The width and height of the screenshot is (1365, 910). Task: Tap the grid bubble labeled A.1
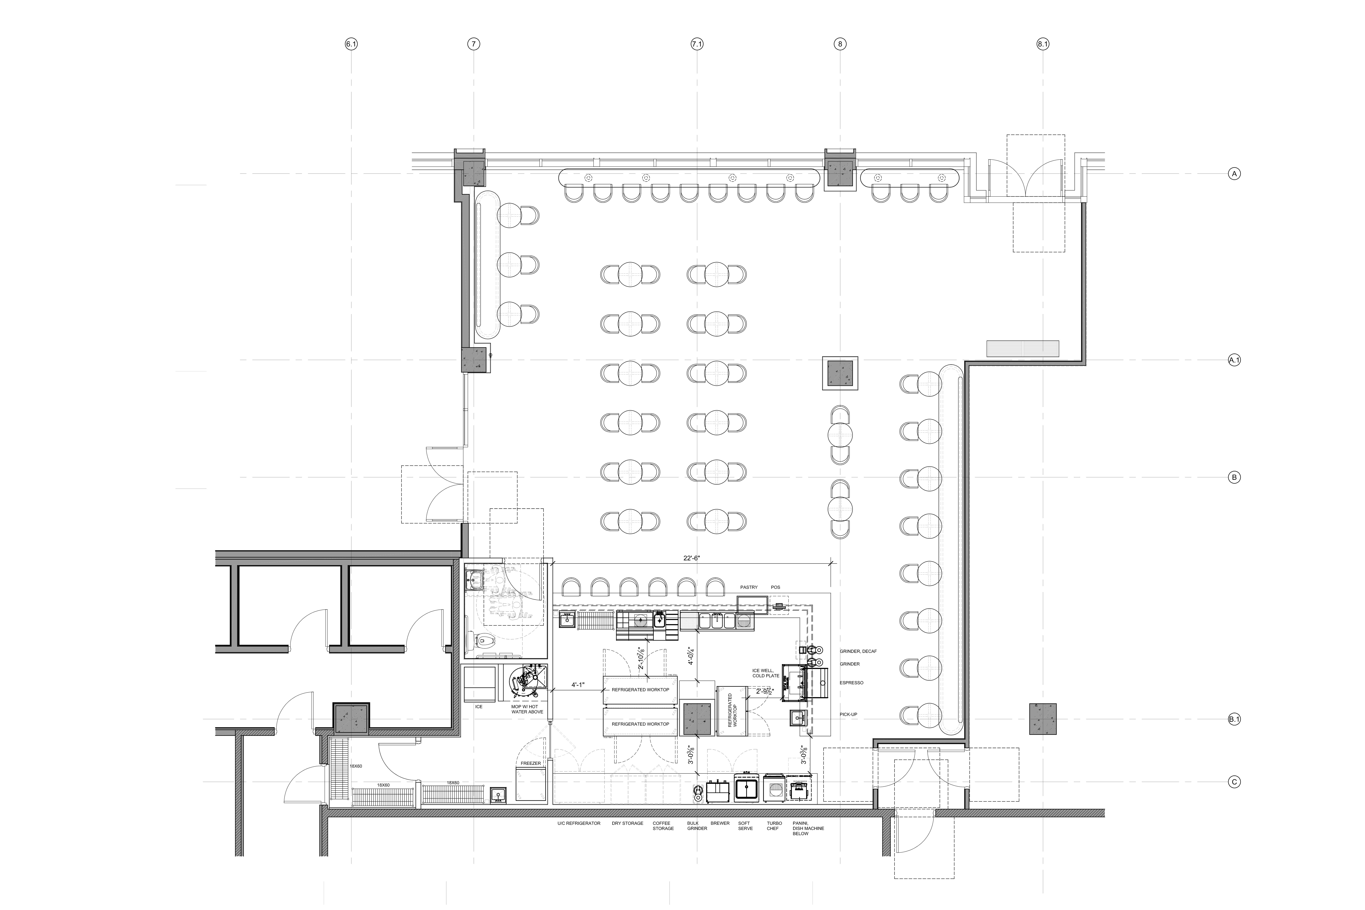(x=1234, y=360)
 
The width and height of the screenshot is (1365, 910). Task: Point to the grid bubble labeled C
(x=1234, y=782)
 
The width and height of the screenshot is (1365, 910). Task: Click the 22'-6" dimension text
(x=692, y=558)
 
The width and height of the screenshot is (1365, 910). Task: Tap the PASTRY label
(x=749, y=587)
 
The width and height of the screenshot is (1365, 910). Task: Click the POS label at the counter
(x=775, y=587)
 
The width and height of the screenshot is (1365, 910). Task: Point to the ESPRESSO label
(x=851, y=683)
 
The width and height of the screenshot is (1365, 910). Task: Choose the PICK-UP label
(x=848, y=714)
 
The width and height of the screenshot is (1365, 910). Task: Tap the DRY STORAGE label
(x=627, y=824)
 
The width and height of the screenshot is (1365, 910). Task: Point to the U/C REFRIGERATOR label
(x=579, y=824)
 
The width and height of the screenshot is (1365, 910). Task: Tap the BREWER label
(x=720, y=824)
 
